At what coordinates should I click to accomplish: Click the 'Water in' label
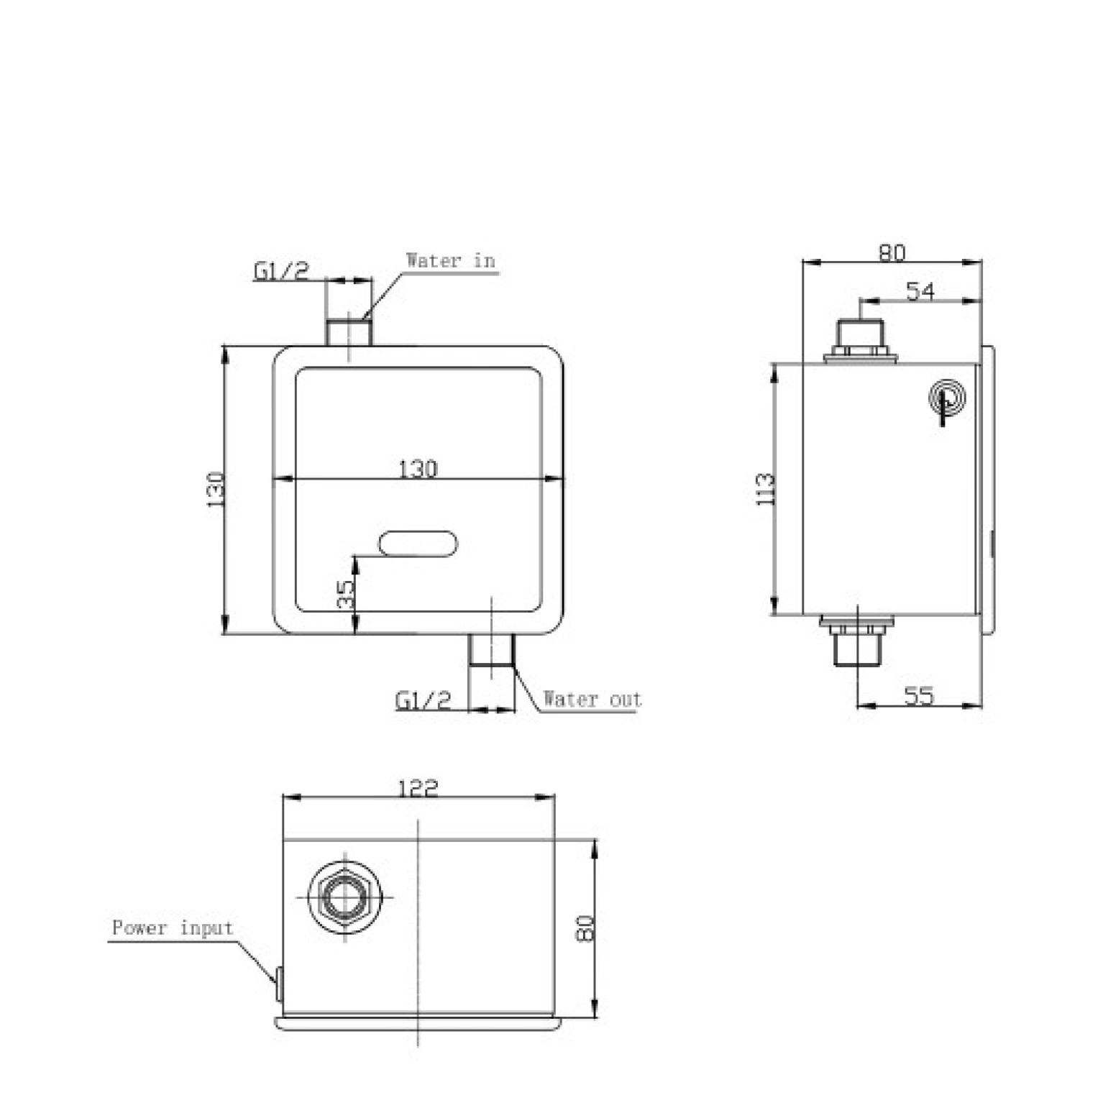451,260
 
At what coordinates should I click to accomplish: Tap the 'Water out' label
592,699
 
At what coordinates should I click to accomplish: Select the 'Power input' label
173,928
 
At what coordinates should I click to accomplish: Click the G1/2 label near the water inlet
280,271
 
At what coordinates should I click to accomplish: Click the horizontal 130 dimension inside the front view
418,469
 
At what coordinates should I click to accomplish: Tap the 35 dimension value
346,595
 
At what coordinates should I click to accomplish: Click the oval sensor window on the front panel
418,543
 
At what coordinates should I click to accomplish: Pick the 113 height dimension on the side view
766,489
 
